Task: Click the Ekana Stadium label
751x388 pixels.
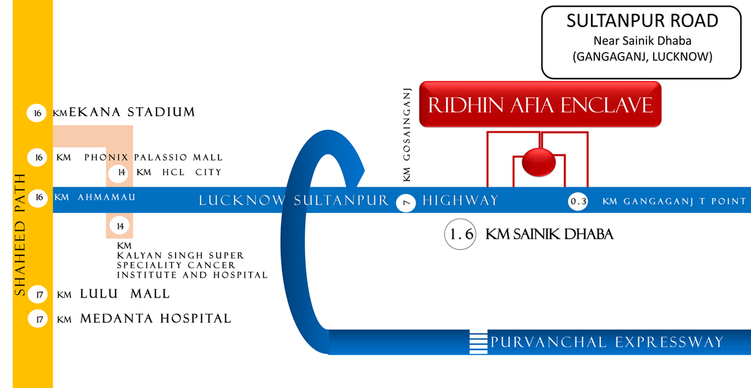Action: [132, 113]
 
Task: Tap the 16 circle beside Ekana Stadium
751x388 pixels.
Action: [37, 113]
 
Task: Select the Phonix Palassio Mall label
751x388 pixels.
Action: [153, 158]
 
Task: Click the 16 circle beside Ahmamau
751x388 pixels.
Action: [37, 197]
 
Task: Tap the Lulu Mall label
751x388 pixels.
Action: [125, 294]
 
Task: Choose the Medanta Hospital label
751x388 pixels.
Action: [155, 319]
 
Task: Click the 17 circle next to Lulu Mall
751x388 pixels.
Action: [38, 294]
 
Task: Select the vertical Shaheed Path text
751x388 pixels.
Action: [20, 234]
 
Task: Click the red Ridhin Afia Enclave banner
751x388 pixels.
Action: [540, 105]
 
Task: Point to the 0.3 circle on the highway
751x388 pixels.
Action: [578, 202]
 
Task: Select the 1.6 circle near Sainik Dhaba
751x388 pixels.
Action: [460, 234]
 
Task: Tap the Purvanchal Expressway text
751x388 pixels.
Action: [606, 342]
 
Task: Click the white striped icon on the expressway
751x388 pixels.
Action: [478, 342]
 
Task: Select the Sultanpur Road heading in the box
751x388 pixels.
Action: [642, 21]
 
